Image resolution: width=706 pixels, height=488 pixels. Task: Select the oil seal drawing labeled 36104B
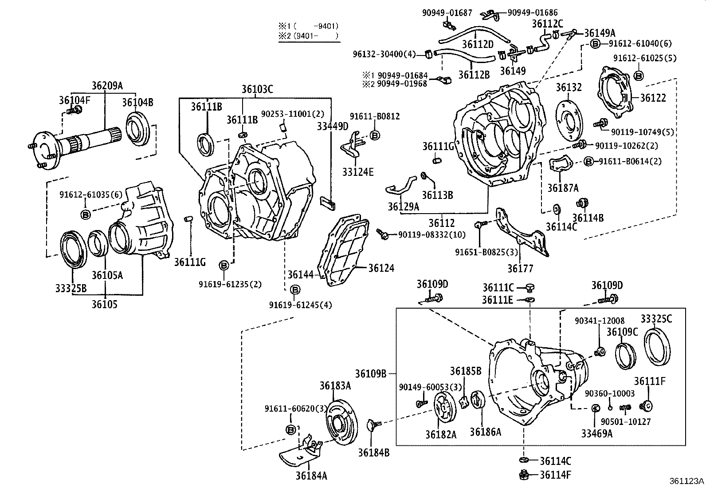[138, 127]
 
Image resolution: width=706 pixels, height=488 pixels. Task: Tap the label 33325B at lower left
[71, 288]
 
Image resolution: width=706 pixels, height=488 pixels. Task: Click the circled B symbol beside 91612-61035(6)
[86, 214]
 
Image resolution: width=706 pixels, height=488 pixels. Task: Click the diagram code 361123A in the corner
[686, 481]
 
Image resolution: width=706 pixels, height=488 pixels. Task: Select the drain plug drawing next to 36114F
[523, 475]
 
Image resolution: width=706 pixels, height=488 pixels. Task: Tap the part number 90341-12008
[600, 321]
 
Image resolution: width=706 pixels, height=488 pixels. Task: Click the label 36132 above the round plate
[569, 87]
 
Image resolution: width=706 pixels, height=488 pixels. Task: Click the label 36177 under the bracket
[521, 268]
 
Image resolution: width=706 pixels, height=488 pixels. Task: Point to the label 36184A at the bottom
[311, 476]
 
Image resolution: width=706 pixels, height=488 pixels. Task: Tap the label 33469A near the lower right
[597, 433]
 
